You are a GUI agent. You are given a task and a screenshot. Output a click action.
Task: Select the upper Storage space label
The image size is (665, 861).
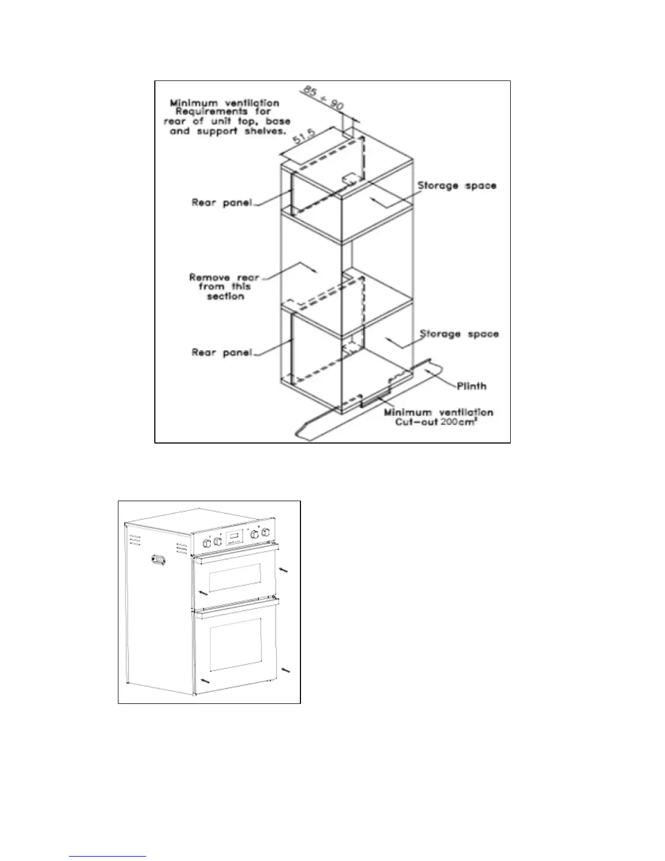(456, 185)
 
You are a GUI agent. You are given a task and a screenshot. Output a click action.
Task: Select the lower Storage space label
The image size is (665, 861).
(459, 334)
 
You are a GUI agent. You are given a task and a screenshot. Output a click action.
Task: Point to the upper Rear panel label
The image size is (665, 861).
(222, 203)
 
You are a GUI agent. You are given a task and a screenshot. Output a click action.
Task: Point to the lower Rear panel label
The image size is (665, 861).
(222, 352)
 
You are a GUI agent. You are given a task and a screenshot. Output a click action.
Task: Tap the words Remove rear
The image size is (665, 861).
(224, 277)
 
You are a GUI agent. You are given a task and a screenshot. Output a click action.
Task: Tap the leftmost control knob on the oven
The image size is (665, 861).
(207, 542)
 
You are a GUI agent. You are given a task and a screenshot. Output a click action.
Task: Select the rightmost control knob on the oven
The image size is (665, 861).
(265, 533)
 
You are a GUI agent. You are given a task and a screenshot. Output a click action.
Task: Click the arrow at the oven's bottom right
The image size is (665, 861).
(285, 672)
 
